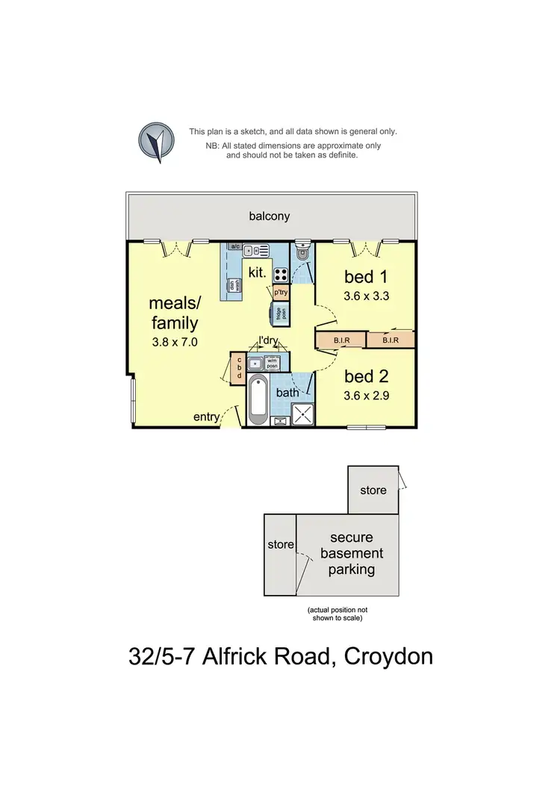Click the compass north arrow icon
[x=156, y=141]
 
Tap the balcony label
[x=269, y=216]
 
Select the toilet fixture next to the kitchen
[x=302, y=253]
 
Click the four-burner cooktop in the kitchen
[x=281, y=274]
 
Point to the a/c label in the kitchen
[x=234, y=246]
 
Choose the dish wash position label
[x=234, y=285]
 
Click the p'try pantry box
[x=281, y=293]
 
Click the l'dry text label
[x=268, y=341]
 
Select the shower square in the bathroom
[x=304, y=414]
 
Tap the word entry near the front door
[x=206, y=417]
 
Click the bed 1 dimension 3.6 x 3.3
[x=367, y=295]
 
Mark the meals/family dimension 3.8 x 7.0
[x=174, y=346]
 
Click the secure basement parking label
[x=352, y=553]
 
